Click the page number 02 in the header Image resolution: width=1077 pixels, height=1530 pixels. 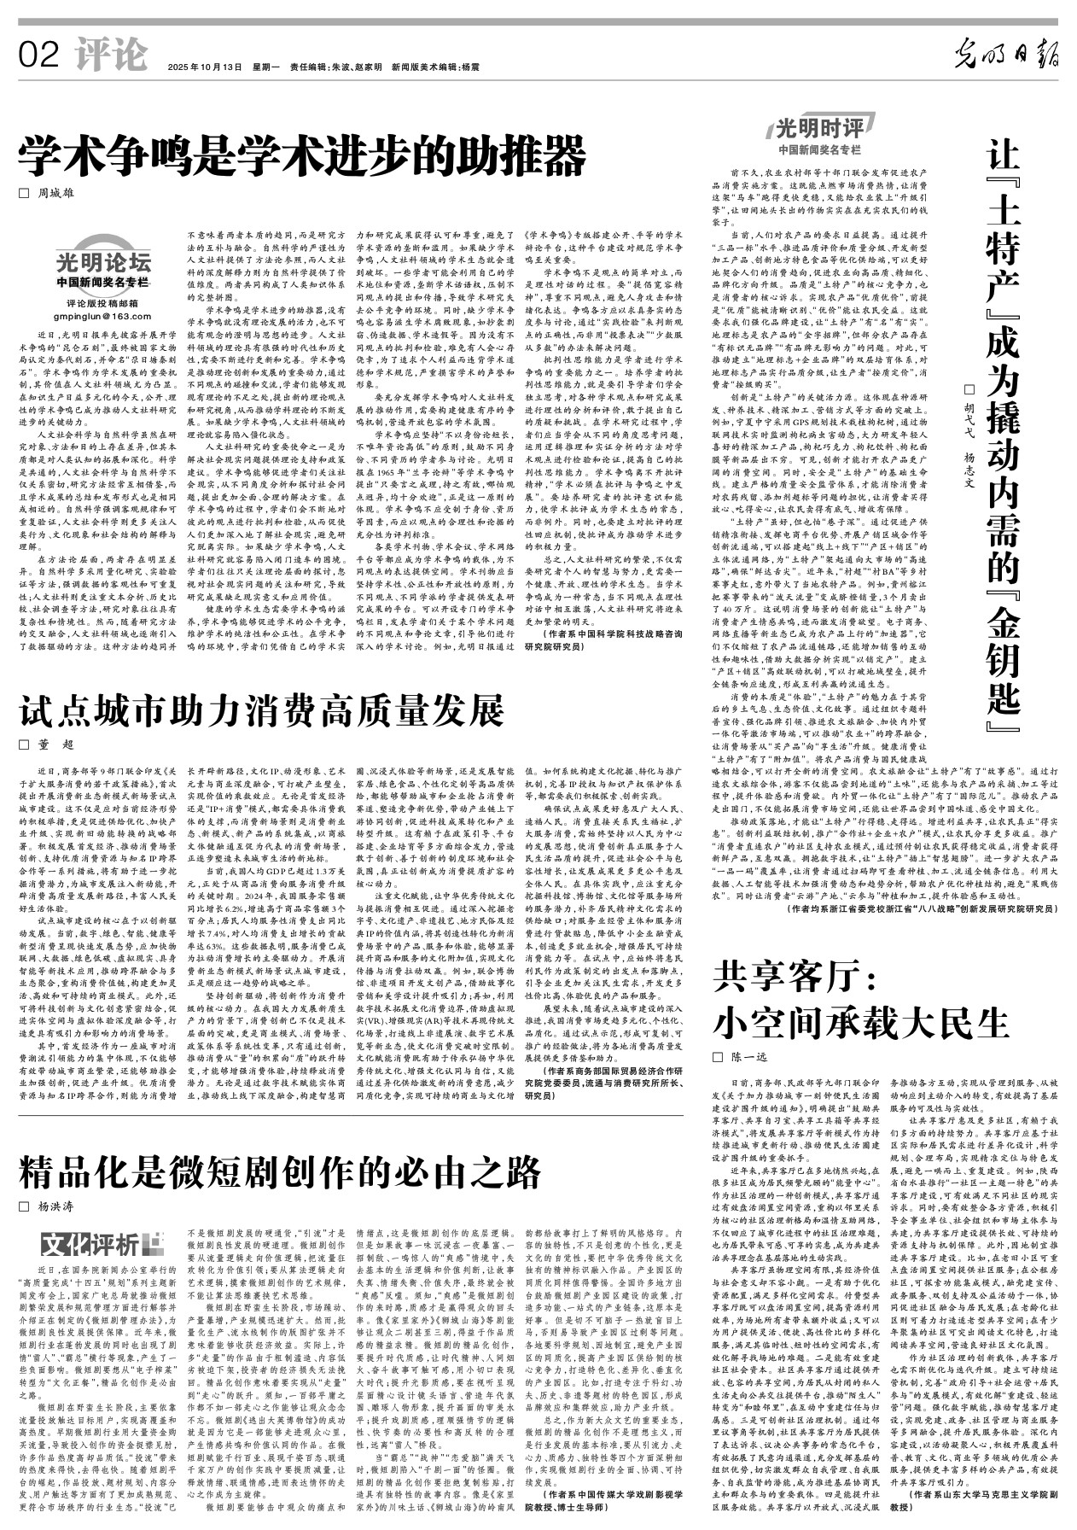39,57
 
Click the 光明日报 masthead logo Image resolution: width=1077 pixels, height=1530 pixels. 1005,55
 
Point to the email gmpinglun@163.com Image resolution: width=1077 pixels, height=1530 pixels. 102,316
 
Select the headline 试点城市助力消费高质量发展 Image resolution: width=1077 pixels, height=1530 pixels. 262,710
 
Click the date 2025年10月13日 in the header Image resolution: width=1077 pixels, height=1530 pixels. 205,67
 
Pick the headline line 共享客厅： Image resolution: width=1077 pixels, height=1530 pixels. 793,974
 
